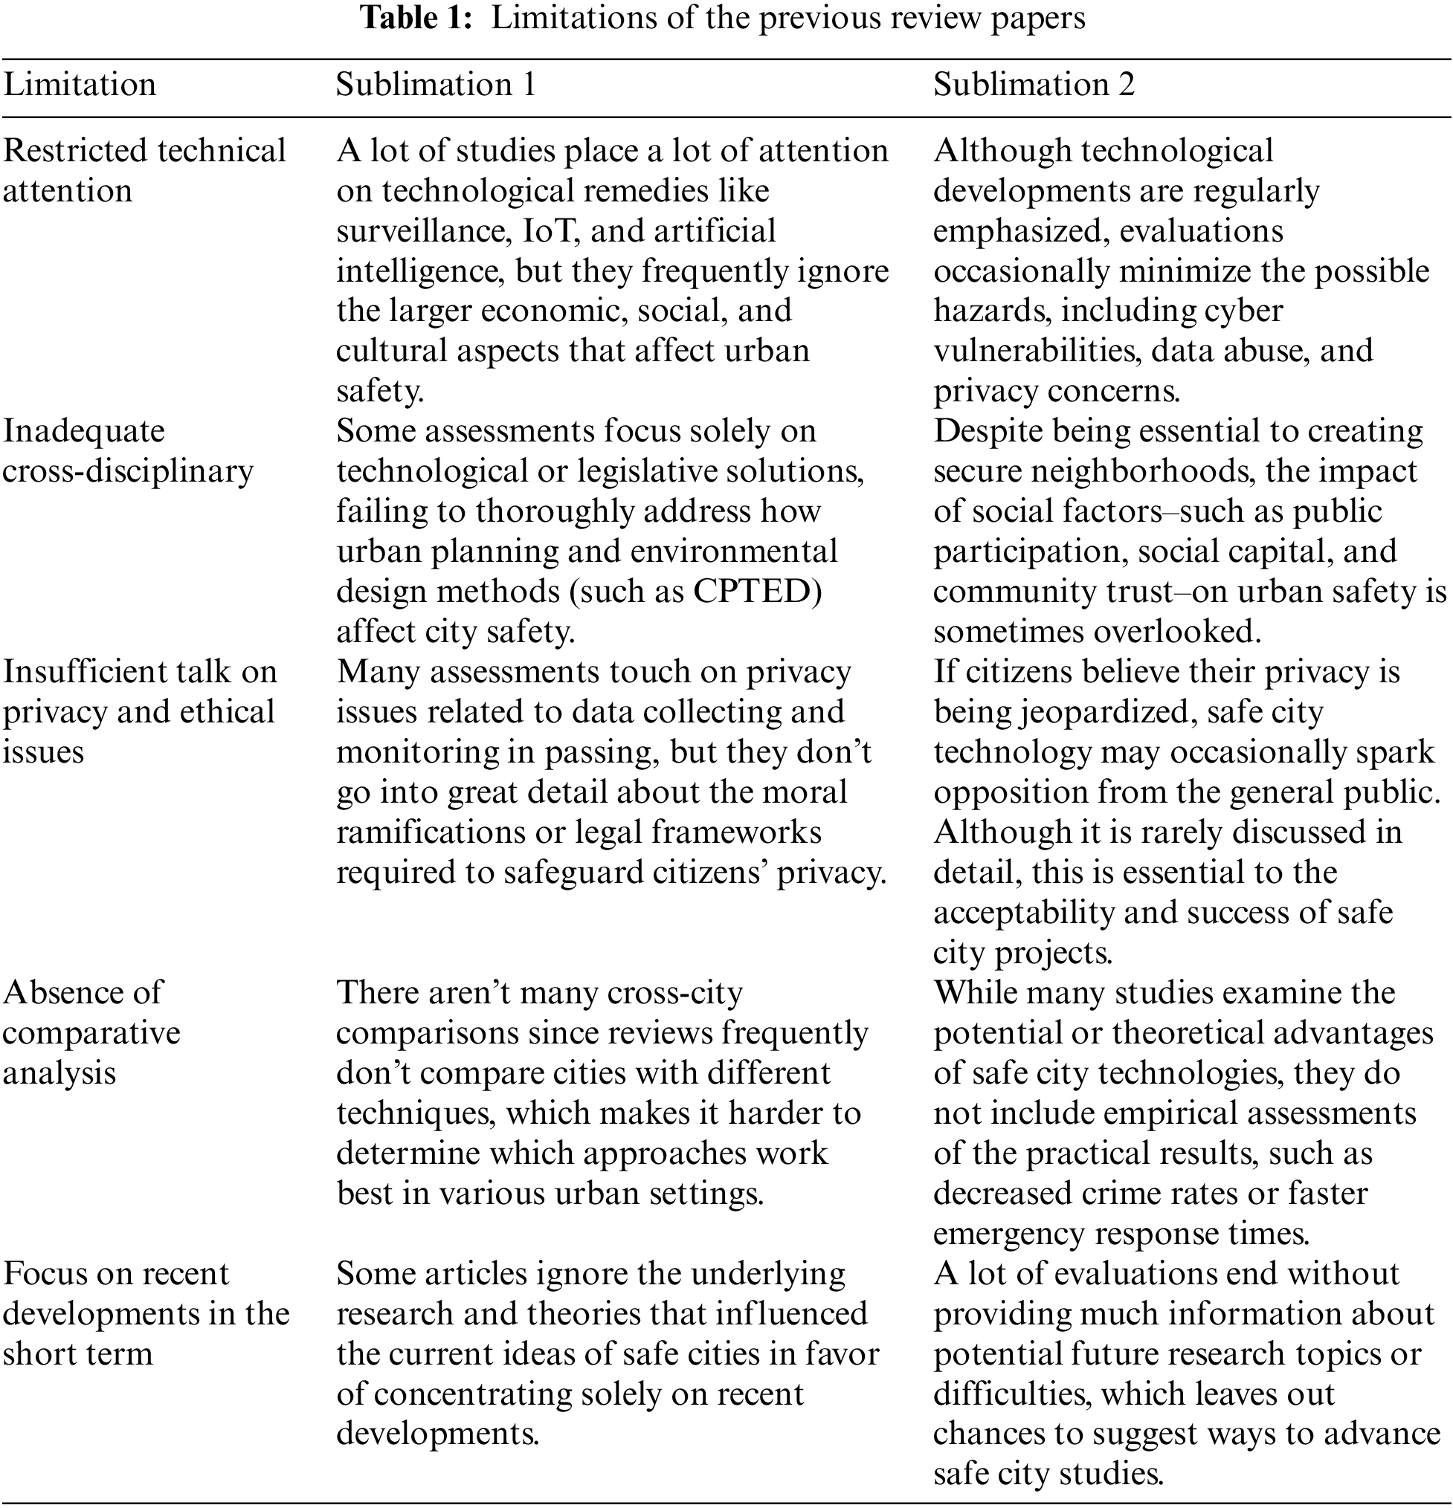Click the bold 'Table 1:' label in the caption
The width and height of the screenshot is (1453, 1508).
click(416, 19)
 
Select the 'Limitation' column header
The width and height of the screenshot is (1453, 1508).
click(80, 85)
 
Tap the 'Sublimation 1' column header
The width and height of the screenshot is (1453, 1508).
click(436, 85)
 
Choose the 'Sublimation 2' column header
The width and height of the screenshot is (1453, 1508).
click(1034, 85)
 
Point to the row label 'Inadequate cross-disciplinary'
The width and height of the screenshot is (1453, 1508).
click(128, 451)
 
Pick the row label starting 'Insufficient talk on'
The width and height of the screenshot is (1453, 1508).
click(139, 673)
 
